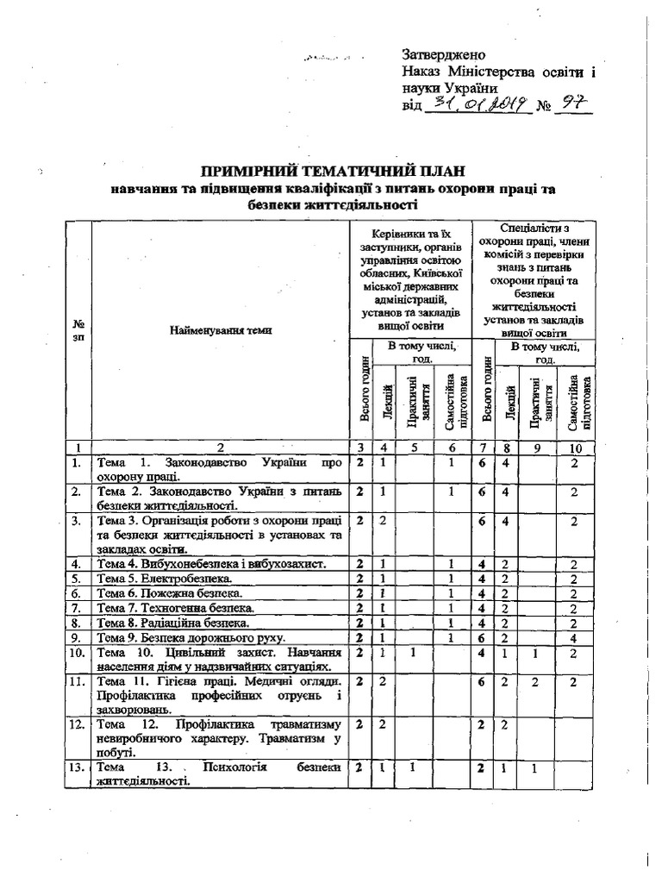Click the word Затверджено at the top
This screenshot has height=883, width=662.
pyautogui.click(x=444, y=54)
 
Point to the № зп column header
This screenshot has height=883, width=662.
pyautogui.click(x=78, y=330)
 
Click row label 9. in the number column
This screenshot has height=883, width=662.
pyautogui.click(x=78, y=637)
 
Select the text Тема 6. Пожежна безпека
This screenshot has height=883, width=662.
pyautogui.click(x=170, y=593)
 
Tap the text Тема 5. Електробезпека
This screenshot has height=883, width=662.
pyautogui.click(x=164, y=579)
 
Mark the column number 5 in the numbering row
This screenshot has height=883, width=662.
pyautogui.click(x=413, y=448)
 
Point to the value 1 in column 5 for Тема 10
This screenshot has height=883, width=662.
pyautogui.click(x=413, y=653)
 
